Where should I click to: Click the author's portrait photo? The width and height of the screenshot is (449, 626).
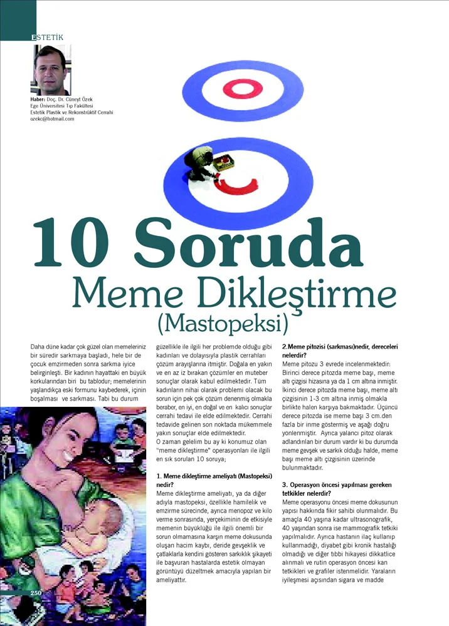(51, 70)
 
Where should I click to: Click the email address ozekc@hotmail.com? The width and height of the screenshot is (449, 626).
(52, 119)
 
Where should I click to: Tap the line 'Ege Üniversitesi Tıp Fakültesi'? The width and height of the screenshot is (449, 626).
(60, 106)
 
